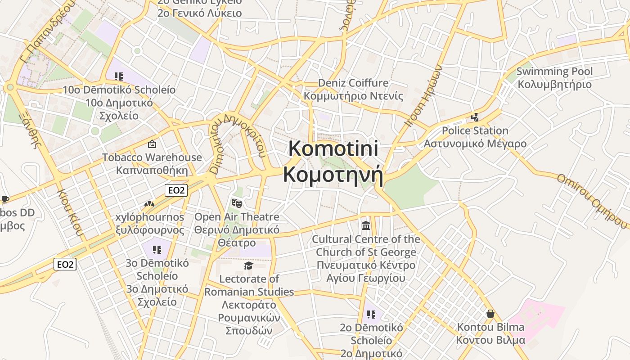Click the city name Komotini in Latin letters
333,148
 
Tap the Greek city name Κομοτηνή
333,175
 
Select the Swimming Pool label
554,72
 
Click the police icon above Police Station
475,117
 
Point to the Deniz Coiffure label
353,83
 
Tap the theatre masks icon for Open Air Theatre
236,203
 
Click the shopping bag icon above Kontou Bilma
490,313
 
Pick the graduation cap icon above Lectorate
248,265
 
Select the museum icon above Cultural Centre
365,225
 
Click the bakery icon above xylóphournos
149,204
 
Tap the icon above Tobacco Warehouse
152,144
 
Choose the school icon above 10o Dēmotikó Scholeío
118,76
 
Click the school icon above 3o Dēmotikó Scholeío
157,249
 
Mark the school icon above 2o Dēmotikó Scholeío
371,314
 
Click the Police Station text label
475,131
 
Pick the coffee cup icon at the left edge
4,199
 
